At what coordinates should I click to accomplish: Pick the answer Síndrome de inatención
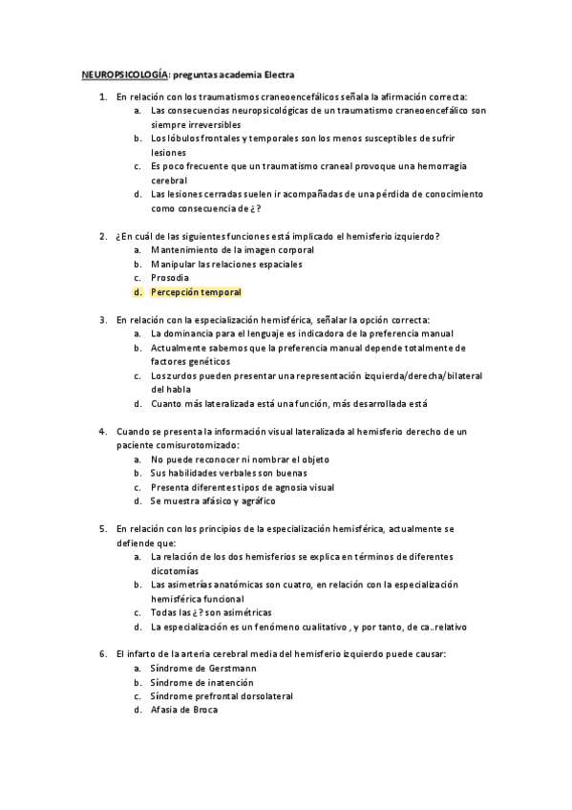click(201, 682)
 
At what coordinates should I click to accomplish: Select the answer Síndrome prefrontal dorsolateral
click(222, 696)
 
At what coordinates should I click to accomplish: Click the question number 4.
click(102, 432)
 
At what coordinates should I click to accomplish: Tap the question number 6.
click(102, 654)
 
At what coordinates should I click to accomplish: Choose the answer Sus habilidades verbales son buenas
click(226, 473)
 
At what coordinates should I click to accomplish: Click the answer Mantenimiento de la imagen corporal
click(232, 249)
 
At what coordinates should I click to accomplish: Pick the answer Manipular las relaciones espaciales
click(226, 264)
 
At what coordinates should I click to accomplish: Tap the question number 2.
click(102, 236)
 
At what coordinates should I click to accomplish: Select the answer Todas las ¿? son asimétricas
click(211, 611)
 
